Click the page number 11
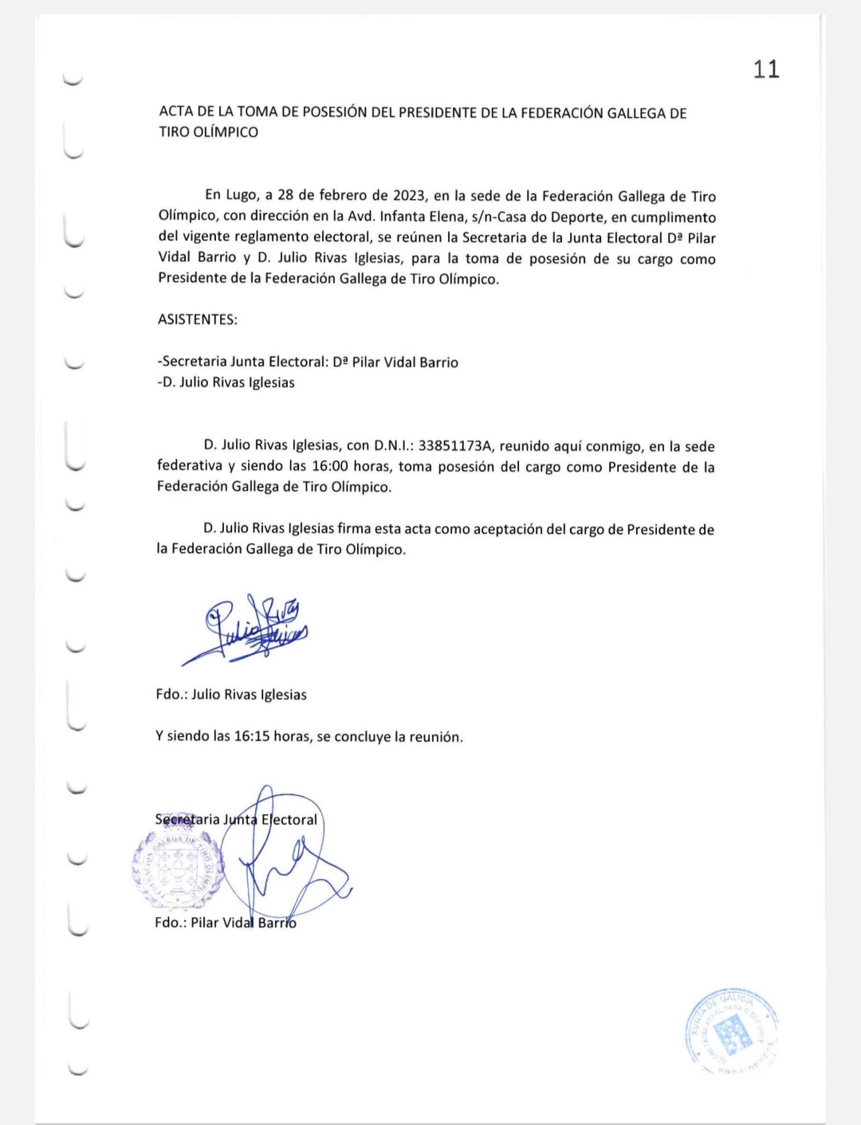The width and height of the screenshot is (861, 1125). [x=766, y=69]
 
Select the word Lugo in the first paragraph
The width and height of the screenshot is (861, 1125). [x=242, y=196]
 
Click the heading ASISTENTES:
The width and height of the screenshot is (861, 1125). [x=198, y=320]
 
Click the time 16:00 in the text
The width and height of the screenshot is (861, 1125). [x=329, y=467]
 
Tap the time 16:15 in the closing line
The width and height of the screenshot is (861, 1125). [x=251, y=737]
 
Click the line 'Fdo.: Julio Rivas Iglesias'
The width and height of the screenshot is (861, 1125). [x=231, y=695]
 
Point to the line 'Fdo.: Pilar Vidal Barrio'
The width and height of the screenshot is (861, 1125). [x=226, y=923]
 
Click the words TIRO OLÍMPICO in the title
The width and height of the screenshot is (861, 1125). [x=209, y=132]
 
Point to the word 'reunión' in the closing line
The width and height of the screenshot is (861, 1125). [x=435, y=737]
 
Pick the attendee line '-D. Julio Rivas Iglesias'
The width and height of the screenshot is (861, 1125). [x=226, y=382]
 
